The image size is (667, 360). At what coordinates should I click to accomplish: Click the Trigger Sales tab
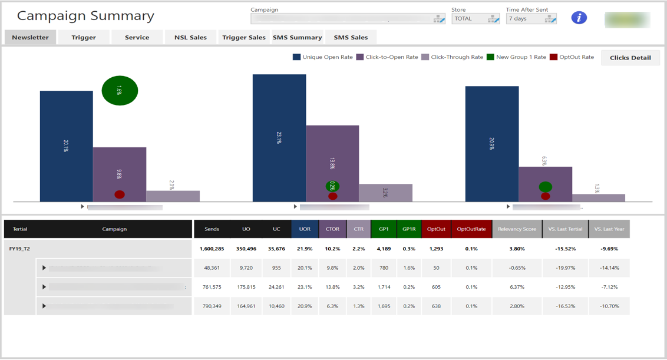pos(244,37)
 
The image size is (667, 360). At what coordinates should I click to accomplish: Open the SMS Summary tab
pos(297,37)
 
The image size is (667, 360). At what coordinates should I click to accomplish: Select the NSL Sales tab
pos(190,37)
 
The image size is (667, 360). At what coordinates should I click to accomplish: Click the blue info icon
pos(579,18)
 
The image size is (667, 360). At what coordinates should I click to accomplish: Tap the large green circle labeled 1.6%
pos(120,91)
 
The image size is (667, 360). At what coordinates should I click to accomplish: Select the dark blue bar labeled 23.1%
pos(279,138)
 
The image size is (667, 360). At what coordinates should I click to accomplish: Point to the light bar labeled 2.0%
pos(173,196)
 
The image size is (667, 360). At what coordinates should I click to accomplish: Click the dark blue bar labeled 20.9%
pos(492,144)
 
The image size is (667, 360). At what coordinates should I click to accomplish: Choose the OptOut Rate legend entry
pos(572,57)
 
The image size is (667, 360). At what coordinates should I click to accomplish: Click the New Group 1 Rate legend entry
pos(516,57)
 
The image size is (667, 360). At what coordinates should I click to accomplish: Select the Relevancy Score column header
pos(517,229)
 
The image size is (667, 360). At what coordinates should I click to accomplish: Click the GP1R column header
pos(409,229)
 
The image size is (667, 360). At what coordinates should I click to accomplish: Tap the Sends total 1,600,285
pos(212,249)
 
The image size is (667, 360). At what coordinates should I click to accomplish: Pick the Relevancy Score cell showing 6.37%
pos(517,287)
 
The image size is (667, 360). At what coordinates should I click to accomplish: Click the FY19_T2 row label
pos(20,249)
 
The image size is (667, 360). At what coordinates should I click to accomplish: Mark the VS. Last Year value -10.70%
pos(609,306)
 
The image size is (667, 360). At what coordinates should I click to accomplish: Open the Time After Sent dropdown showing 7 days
pos(531,19)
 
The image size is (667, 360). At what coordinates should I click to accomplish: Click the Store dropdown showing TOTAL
pos(476,19)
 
